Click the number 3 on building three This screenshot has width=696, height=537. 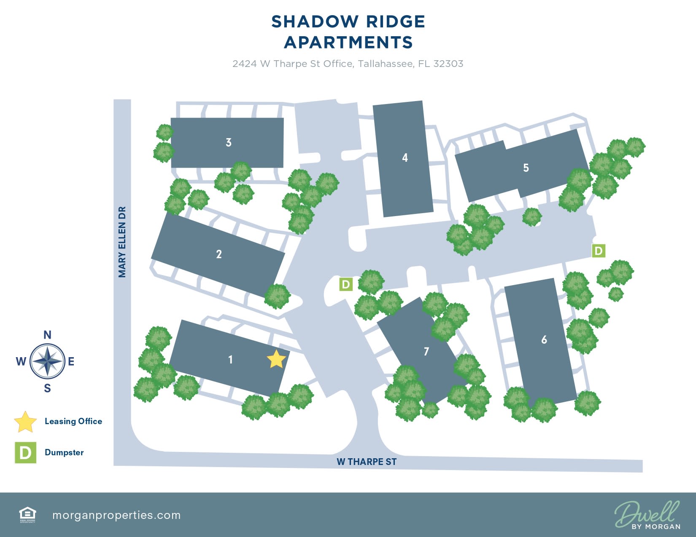pyautogui.click(x=229, y=142)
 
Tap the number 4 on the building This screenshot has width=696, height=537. pyautogui.click(x=405, y=158)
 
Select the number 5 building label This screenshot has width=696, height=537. pyautogui.click(x=526, y=168)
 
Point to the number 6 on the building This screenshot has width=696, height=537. pyautogui.click(x=544, y=339)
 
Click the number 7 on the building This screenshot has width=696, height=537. pyautogui.click(x=426, y=351)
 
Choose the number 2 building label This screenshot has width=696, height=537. pyautogui.click(x=219, y=254)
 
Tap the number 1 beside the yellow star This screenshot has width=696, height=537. pyautogui.click(x=230, y=359)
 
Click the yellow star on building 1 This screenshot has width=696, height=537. pyautogui.click(x=276, y=359)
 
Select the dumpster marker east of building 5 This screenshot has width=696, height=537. pyautogui.click(x=599, y=251)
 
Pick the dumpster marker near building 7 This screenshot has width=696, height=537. pyautogui.click(x=346, y=284)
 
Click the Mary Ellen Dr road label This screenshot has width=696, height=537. pyautogui.click(x=122, y=242)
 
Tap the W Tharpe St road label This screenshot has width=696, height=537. pyautogui.click(x=367, y=462)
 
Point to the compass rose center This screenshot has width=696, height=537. pyautogui.click(x=48, y=361)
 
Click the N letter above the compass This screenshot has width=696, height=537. pyautogui.click(x=47, y=335)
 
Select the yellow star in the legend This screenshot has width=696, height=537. pyautogui.click(x=25, y=422)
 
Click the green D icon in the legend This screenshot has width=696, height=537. pyautogui.click(x=25, y=453)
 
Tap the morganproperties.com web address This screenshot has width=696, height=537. pyautogui.click(x=116, y=515)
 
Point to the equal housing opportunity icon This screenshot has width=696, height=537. pyautogui.click(x=28, y=514)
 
